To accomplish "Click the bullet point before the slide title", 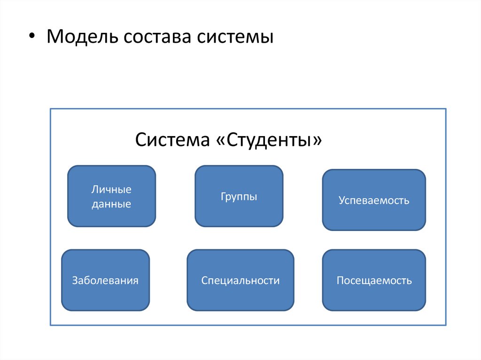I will pyautogui.click(x=31, y=37).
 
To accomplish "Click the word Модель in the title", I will pyautogui.click(x=82, y=37).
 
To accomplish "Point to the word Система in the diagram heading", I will pyautogui.click(x=172, y=140).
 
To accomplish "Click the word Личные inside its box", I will pyautogui.click(x=111, y=190).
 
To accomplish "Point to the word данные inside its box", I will pyautogui.click(x=111, y=204).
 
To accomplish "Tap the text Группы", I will pyautogui.click(x=239, y=197).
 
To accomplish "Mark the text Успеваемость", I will pyautogui.click(x=374, y=201).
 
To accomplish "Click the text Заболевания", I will pyautogui.click(x=105, y=281).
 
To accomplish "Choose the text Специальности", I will pyautogui.click(x=240, y=281).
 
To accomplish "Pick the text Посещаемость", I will pyautogui.click(x=374, y=281).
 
